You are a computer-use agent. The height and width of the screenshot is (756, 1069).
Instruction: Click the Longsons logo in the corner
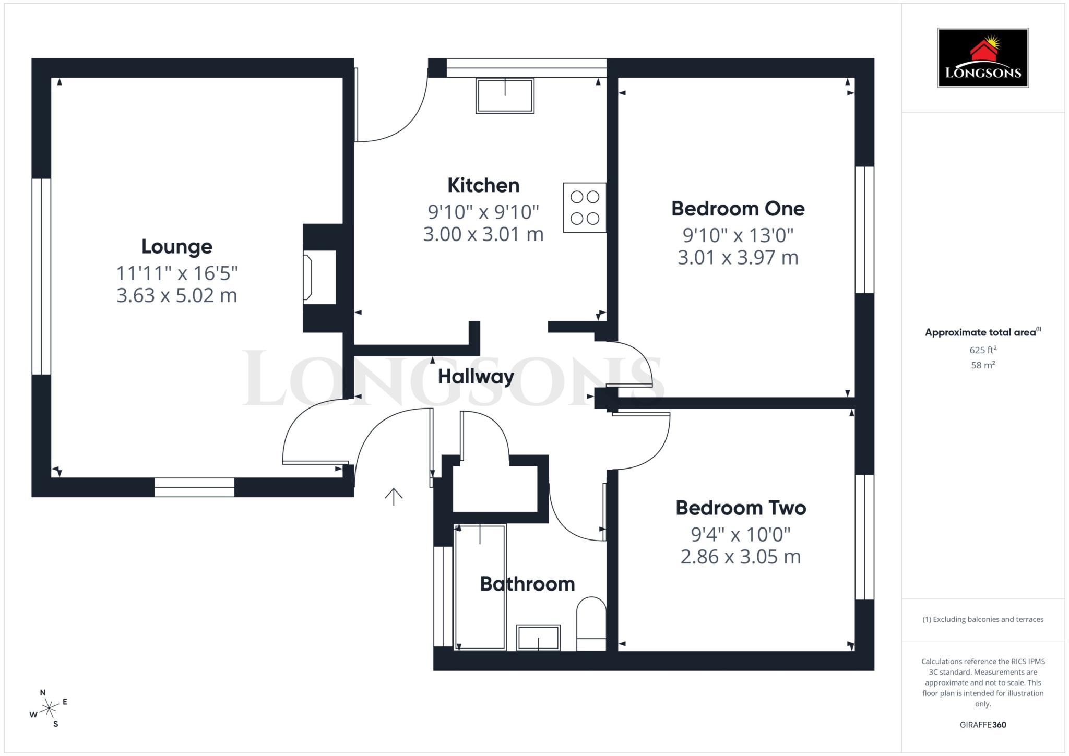point(983,58)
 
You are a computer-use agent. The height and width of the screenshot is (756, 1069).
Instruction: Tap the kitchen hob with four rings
point(585,207)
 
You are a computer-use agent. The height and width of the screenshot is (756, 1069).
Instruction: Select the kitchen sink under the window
point(505,95)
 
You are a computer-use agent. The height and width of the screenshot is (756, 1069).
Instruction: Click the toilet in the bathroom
point(591,624)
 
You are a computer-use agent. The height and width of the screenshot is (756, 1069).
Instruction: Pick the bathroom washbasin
point(538,638)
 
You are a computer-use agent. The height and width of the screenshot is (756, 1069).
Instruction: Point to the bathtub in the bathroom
point(480,587)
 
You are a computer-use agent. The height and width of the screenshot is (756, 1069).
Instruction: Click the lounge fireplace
point(319,277)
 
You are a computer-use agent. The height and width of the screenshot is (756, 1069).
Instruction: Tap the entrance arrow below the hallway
point(394,497)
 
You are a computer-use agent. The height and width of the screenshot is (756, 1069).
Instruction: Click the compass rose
point(49,708)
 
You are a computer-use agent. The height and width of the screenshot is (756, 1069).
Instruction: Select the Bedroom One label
point(738,209)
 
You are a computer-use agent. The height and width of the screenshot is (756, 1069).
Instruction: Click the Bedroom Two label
point(741,508)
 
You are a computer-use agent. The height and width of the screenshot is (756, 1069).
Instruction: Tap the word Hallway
point(476,377)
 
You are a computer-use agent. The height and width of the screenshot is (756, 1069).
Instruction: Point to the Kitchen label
point(483,185)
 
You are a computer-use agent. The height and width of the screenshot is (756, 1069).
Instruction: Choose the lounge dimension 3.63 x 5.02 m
point(176,295)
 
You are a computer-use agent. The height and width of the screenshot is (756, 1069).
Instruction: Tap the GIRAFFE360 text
point(983,725)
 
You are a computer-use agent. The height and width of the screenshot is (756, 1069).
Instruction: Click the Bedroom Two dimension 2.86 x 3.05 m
point(741,557)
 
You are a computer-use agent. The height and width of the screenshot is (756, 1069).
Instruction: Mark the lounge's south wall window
point(194,487)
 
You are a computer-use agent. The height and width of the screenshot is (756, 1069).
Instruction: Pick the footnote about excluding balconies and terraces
point(983,619)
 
